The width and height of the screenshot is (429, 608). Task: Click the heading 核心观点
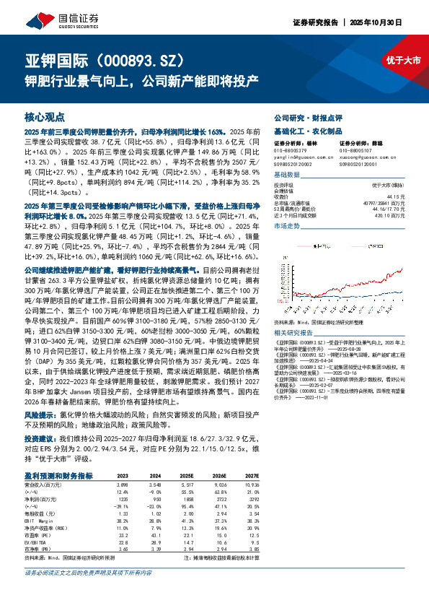[x=45, y=116]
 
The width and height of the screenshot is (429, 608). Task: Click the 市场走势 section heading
[x=287, y=226]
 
